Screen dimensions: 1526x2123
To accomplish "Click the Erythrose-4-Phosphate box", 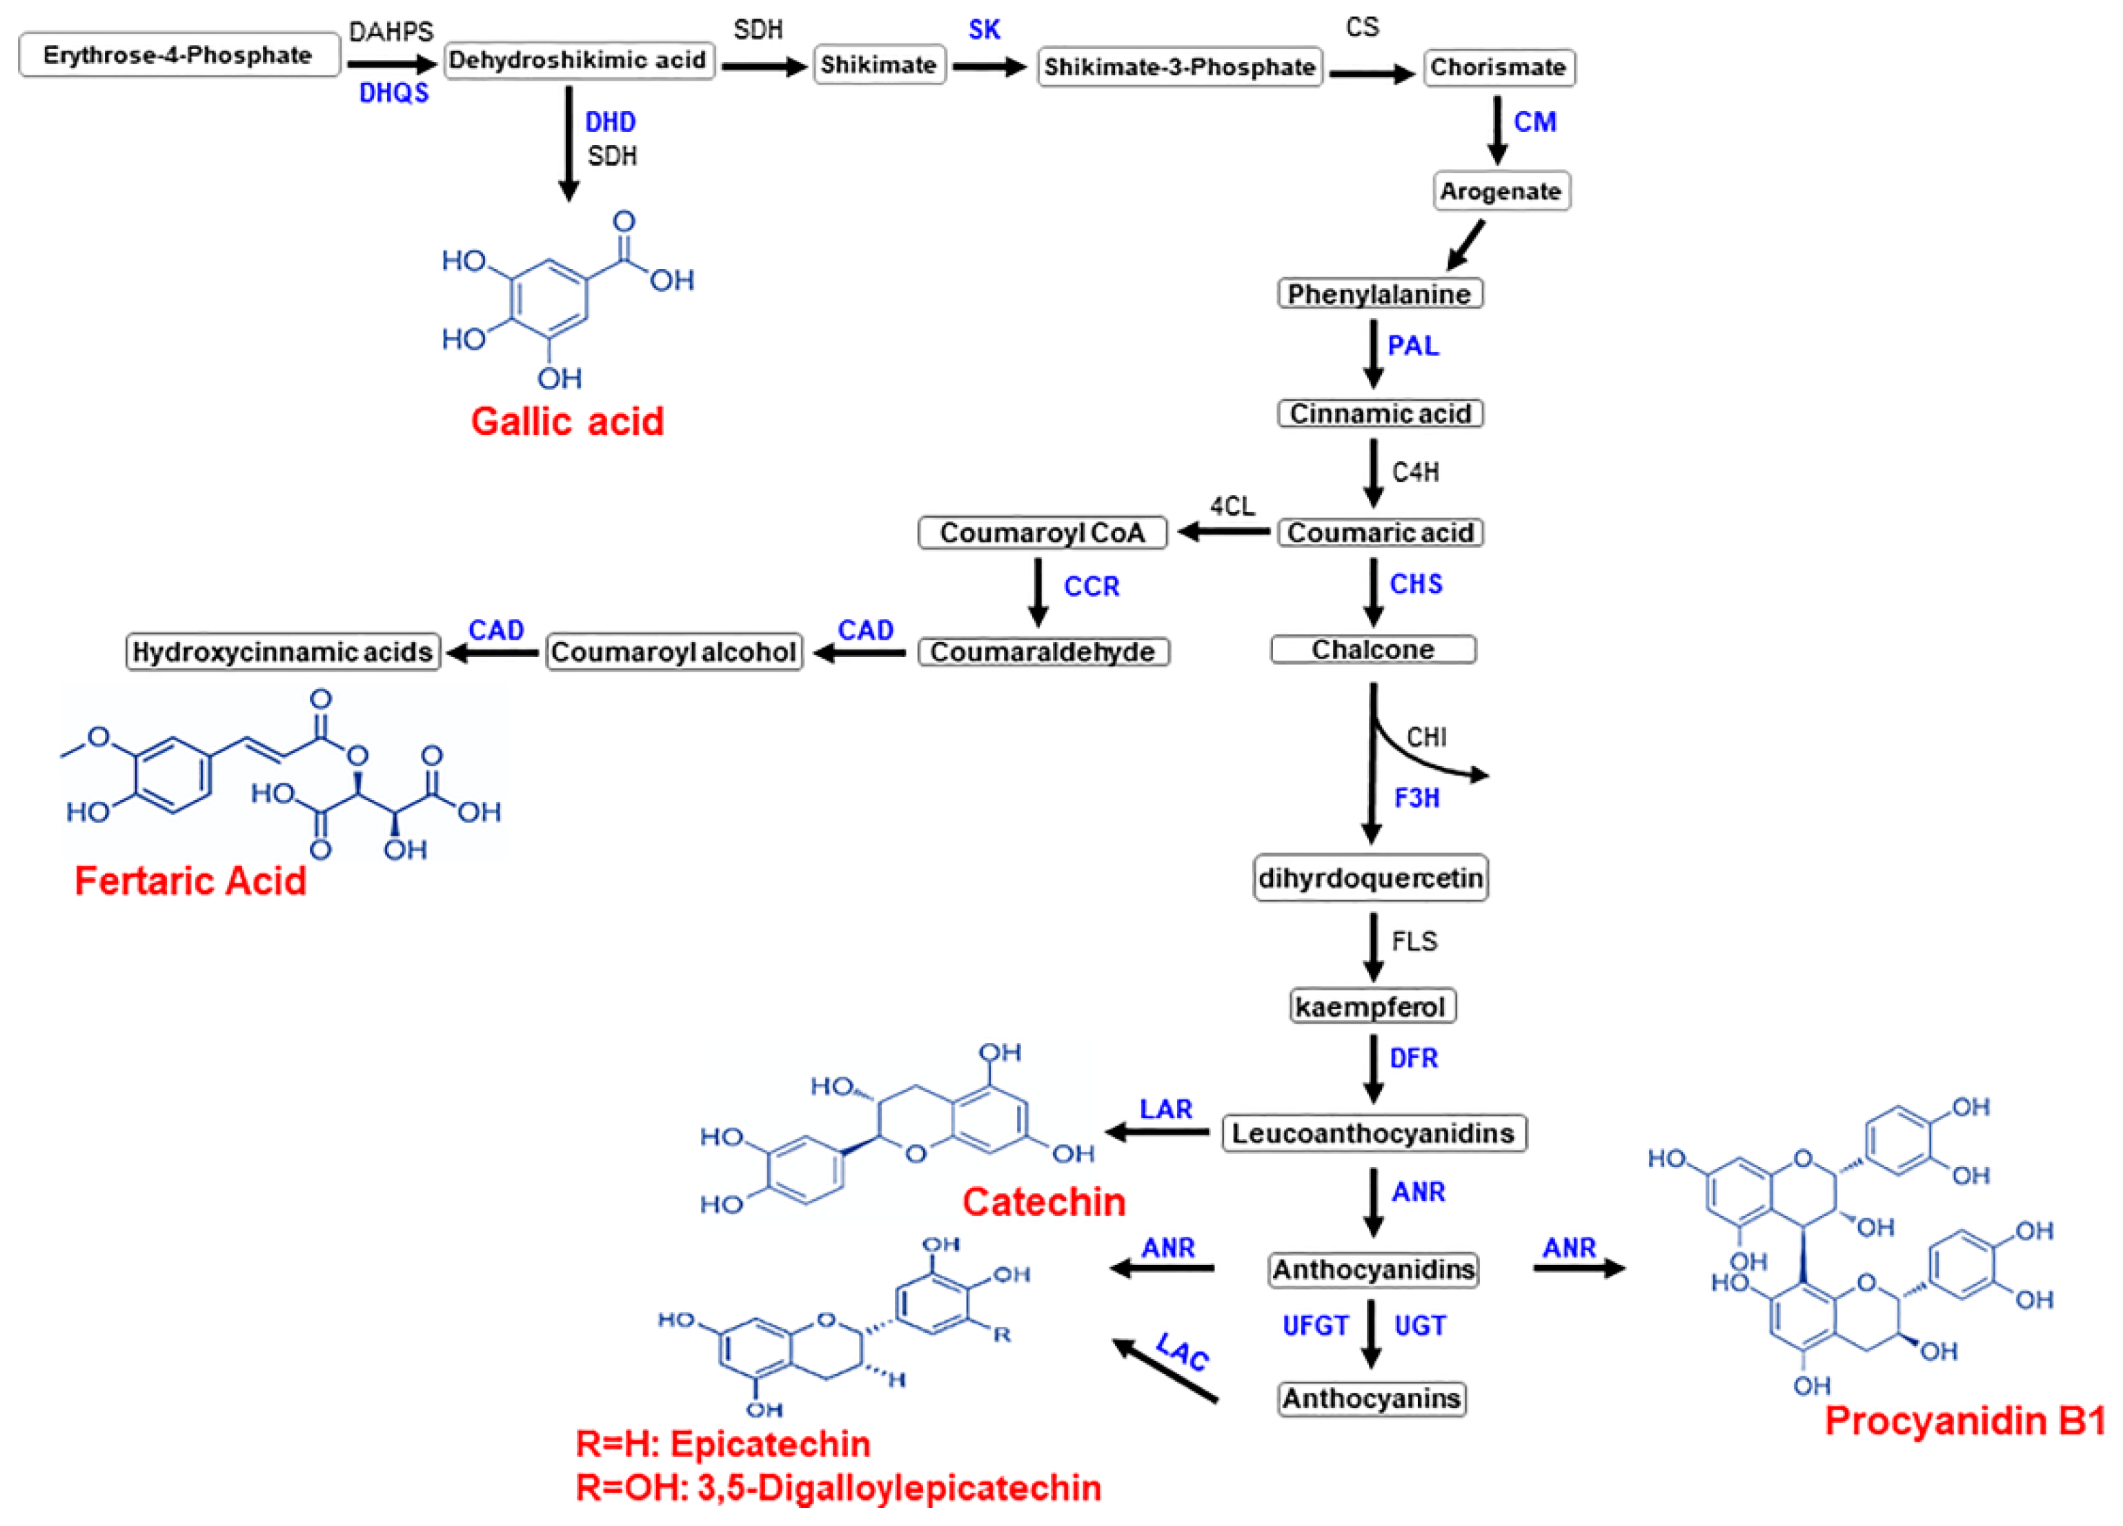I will pyautogui.click(x=178, y=55).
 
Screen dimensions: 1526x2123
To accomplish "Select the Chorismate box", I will pyautogui.click(x=1498, y=68).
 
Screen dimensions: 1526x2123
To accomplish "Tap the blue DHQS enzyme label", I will pyautogui.click(x=393, y=92).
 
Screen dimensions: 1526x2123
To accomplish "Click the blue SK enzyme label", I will pyautogui.click(x=984, y=30).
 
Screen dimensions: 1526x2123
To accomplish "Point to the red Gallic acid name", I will pyautogui.click(x=567, y=421).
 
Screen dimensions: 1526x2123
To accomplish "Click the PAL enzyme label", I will pyautogui.click(x=1412, y=346).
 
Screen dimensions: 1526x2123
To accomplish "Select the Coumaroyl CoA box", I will pyautogui.click(x=1042, y=533).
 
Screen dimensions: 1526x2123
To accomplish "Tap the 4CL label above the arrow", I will pyautogui.click(x=1232, y=507).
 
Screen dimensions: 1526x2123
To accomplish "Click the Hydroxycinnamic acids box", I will pyautogui.click(x=283, y=652).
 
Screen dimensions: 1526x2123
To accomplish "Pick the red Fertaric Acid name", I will pyautogui.click(x=190, y=881).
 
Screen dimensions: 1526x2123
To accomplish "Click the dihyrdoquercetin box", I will pyautogui.click(x=1370, y=878).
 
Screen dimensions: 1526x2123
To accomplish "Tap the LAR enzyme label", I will pyautogui.click(x=1165, y=1109).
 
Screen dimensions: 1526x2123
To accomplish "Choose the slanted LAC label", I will pyautogui.click(x=1183, y=1351).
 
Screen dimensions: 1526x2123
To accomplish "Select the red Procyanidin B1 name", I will pyautogui.click(x=1964, y=1421).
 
